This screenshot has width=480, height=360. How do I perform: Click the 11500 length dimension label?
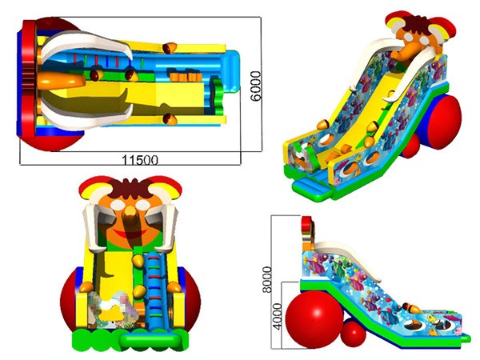pos(140,160)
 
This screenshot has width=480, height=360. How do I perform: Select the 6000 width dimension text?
pos(256,86)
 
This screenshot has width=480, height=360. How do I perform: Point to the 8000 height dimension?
pos(267,279)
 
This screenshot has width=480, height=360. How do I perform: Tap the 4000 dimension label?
pos(277,316)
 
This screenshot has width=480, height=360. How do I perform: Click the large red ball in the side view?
pos(314,319)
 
